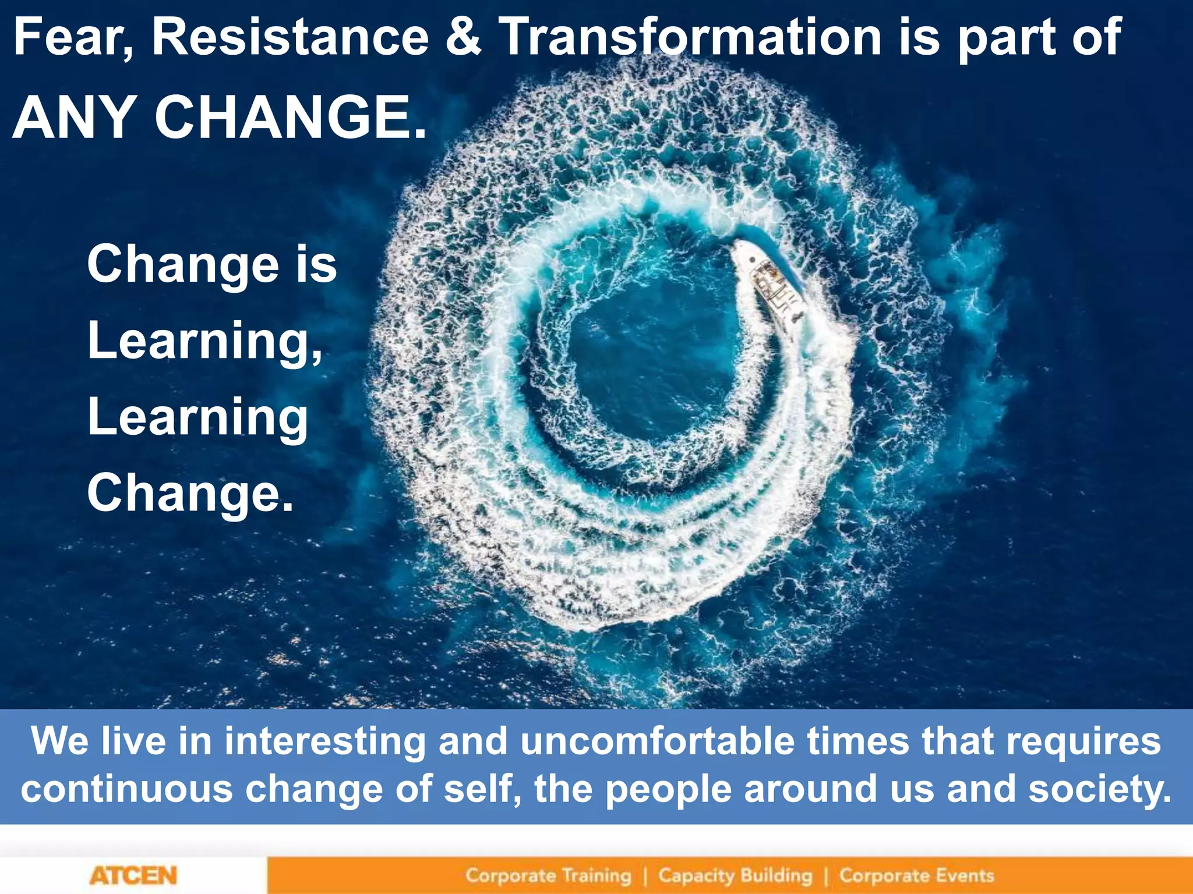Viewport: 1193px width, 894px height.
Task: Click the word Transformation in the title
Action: (691, 38)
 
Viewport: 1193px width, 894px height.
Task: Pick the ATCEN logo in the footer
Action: (133, 875)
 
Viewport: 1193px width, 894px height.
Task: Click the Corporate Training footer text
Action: (548, 875)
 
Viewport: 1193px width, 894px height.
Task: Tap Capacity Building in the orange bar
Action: (735, 875)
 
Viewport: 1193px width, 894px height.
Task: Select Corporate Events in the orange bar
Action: (916, 875)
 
